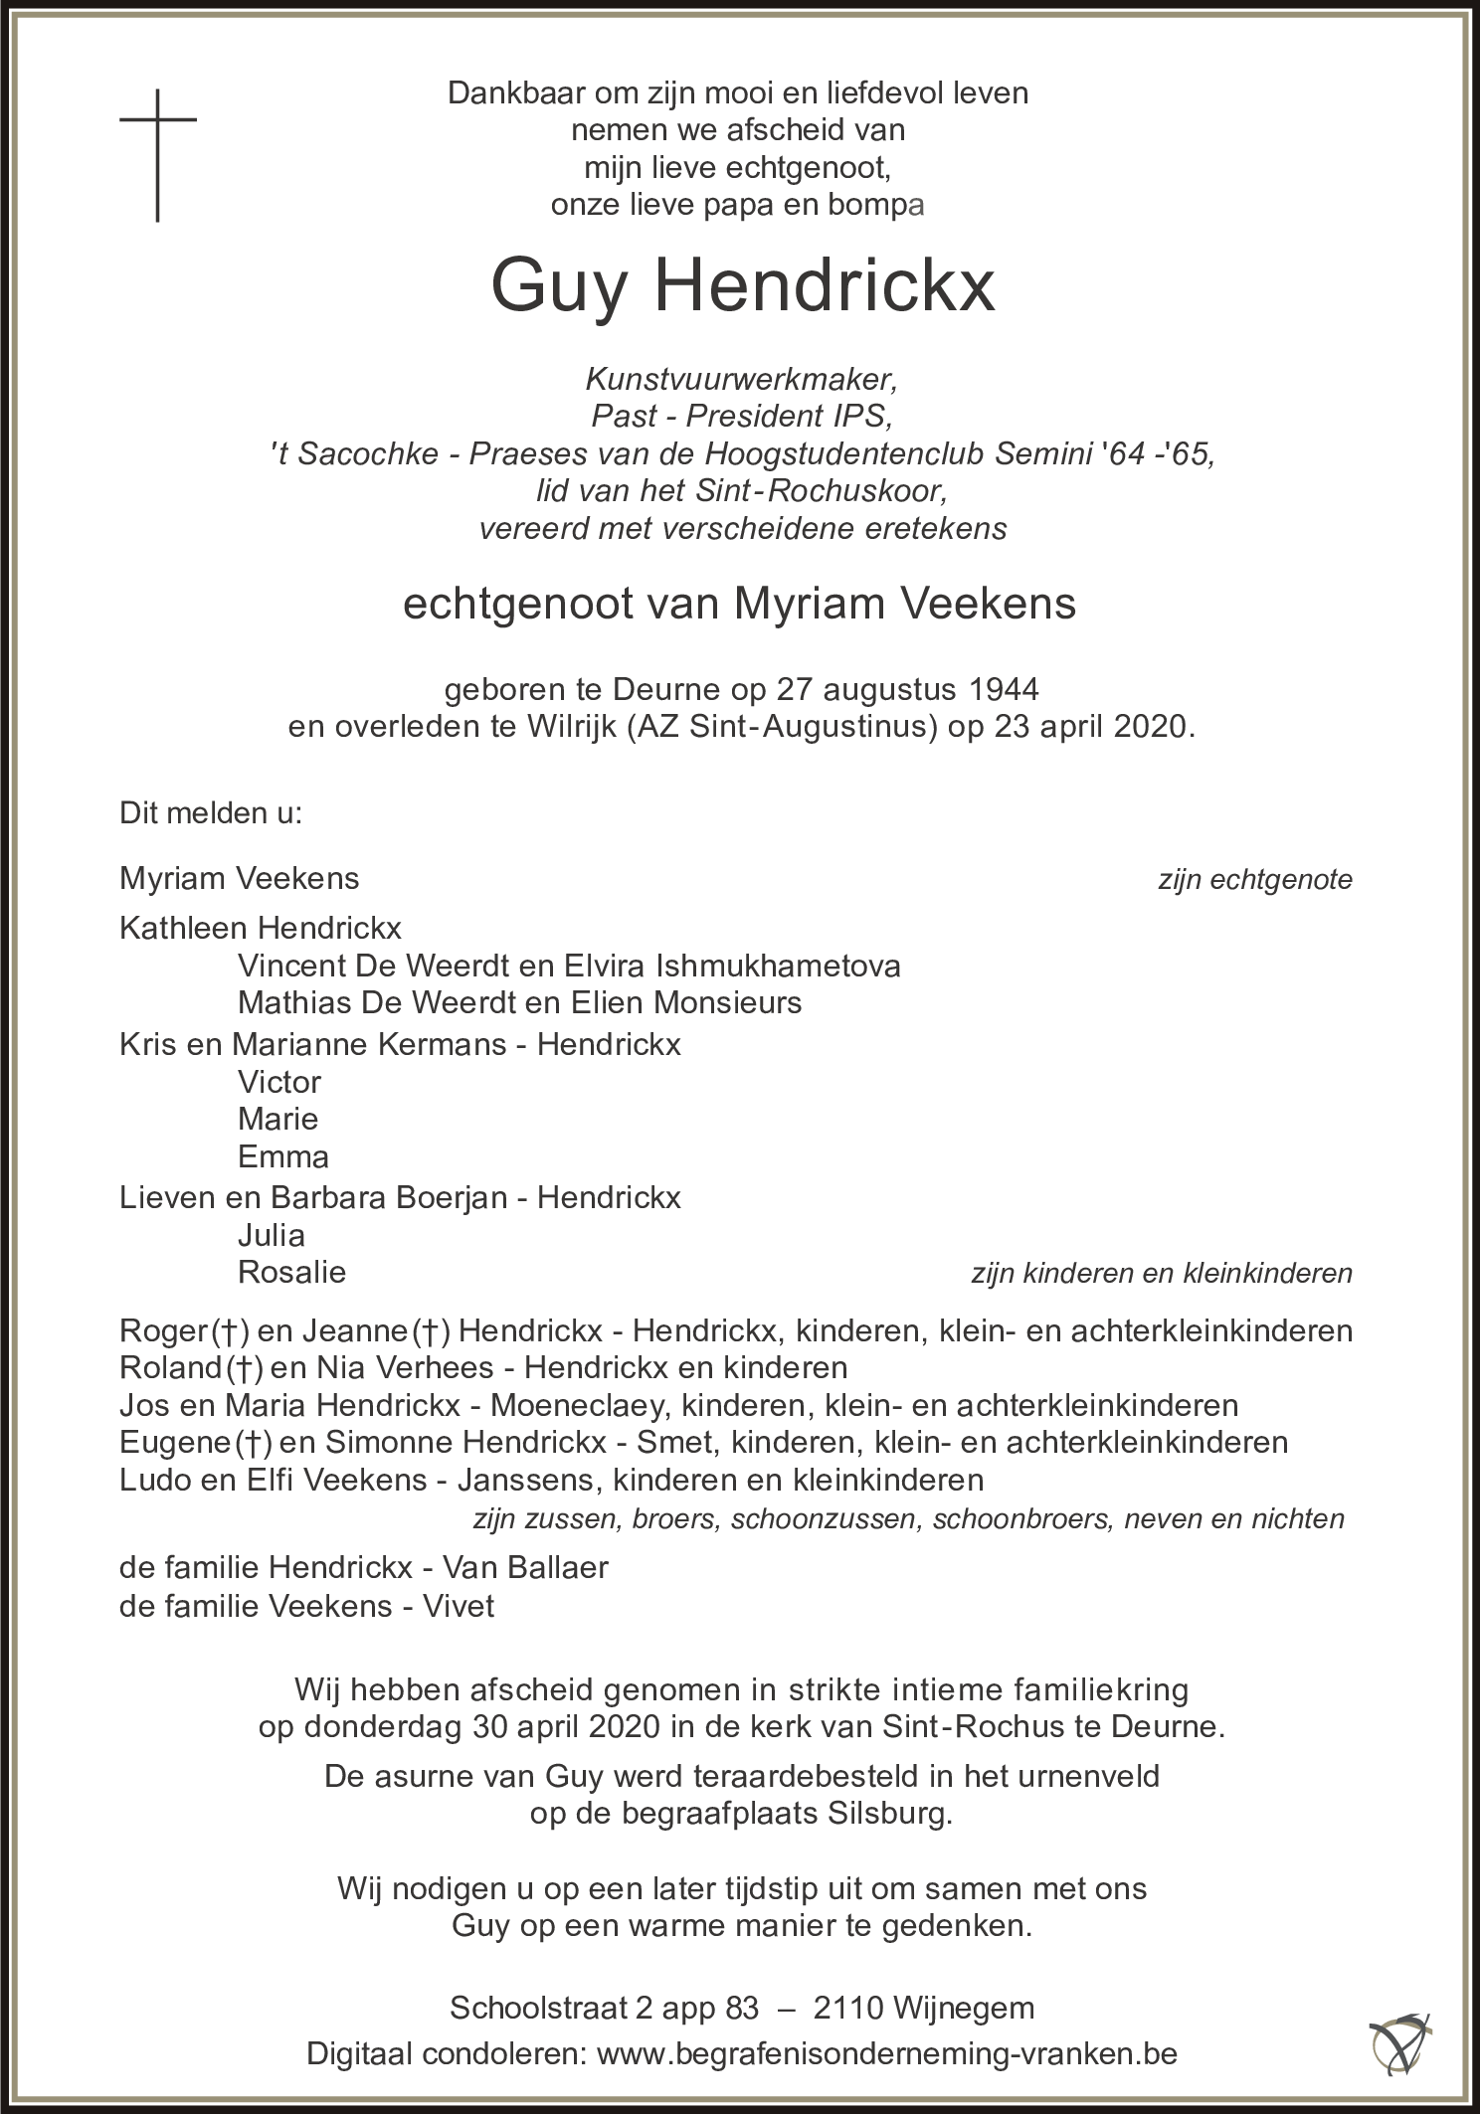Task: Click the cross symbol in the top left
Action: tap(158, 154)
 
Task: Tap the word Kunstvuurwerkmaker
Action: tap(742, 379)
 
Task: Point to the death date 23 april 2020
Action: tap(1091, 726)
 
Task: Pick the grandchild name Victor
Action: tap(279, 1082)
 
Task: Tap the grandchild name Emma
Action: tap(283, 1157)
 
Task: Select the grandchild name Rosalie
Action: tap(291, 1272)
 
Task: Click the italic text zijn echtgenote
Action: tap(1254, 880)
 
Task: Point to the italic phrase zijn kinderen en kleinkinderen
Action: tap(1162, 1273)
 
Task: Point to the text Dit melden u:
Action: tap(211, 813)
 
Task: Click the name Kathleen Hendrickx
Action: tap(261, 928)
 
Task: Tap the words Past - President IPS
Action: tap(742, 416)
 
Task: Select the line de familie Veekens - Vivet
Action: tap(306, 1606)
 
